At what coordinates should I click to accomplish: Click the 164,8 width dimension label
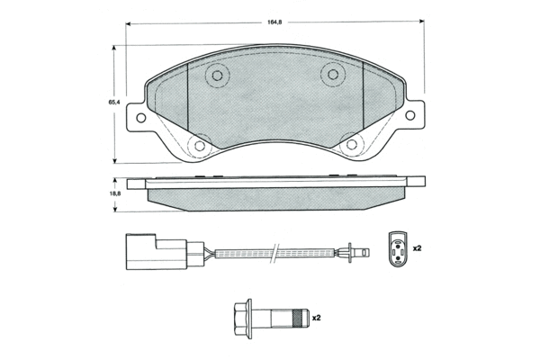[274, 22]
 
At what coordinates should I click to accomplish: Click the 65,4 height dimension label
[114, 103]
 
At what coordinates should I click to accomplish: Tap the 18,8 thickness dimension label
[115, 193]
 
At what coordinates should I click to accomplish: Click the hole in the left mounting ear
[141, 118]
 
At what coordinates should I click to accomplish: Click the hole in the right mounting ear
[410, 115]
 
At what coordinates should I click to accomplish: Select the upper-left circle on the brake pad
[217, 76]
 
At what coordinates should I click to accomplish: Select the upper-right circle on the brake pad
[333, 75]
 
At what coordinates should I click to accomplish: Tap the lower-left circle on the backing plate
[200, 146]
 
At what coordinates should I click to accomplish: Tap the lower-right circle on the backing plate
[352, 144]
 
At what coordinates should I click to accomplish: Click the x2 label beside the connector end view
[417, 248]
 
